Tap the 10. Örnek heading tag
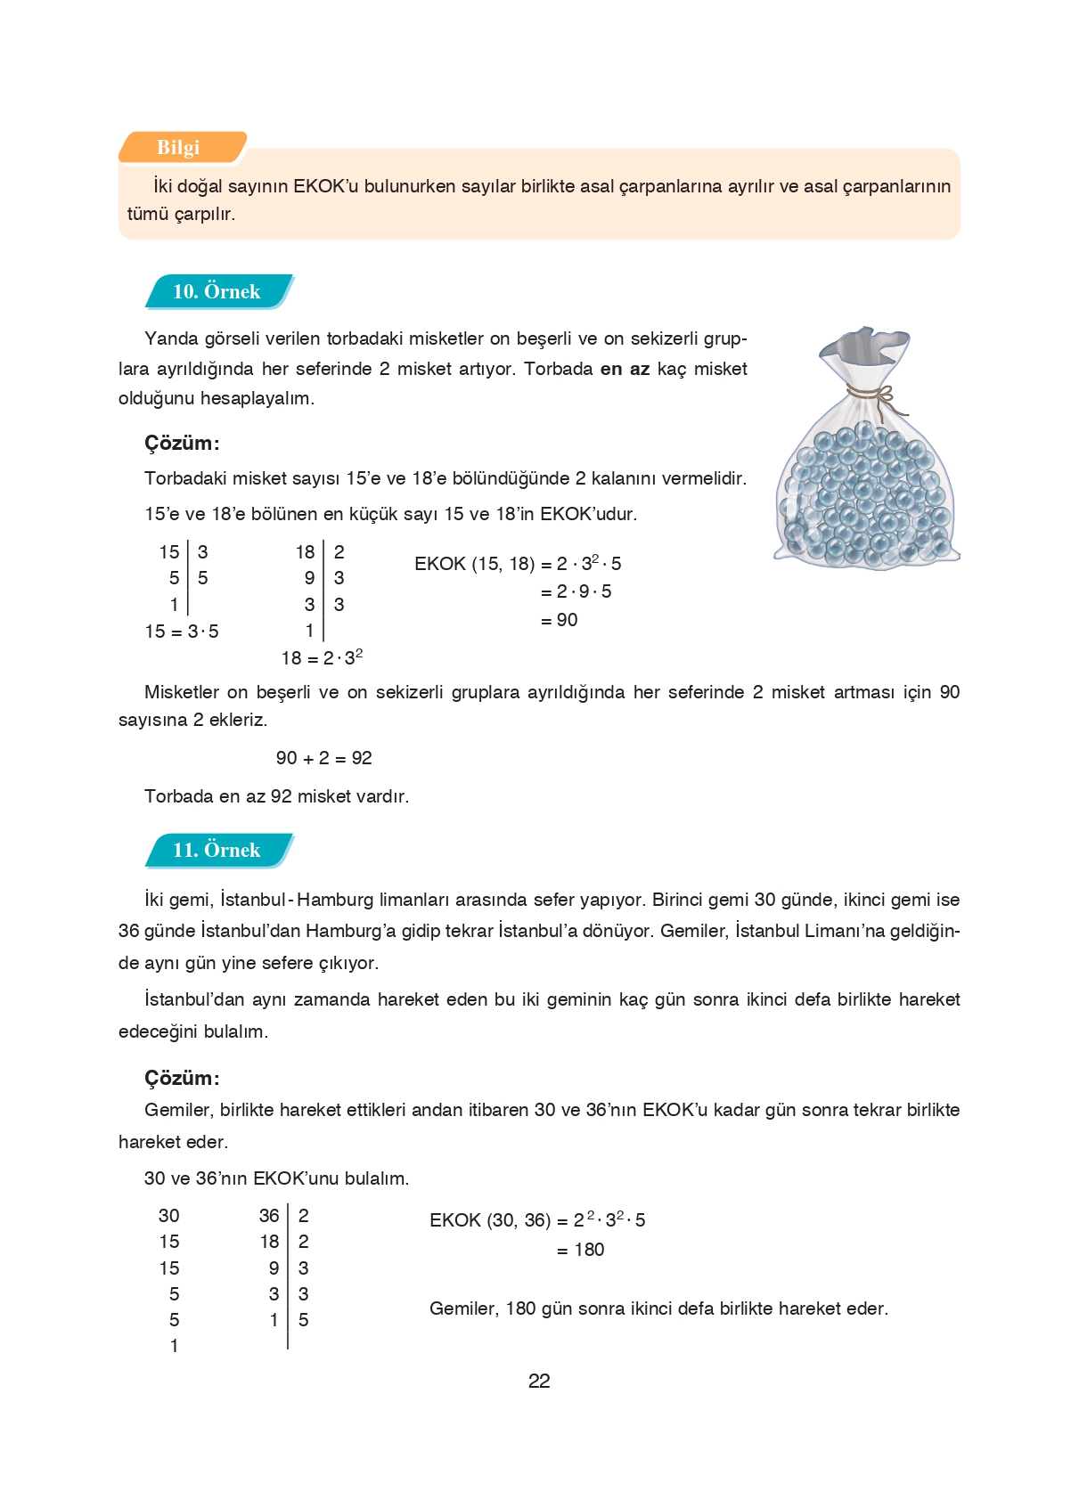[x=217, y=291]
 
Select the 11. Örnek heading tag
[x=217, y=850]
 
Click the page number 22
[x=539, y=1381]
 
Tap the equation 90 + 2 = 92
[x=323, y=758]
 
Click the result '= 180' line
[x=581, y=1250]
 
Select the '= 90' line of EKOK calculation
[x=559, y=620]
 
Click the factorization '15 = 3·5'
[x=182, y=632]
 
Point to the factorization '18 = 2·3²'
[x=322, y=658]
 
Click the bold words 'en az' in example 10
[x=625, y=369]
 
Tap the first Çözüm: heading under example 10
[x=182, y=443]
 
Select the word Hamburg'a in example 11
[x=351, y=931]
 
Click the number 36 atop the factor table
[x=269, y=1216]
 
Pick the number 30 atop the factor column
[x=168, y=1216]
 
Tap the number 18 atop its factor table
[x=305, y=552]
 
